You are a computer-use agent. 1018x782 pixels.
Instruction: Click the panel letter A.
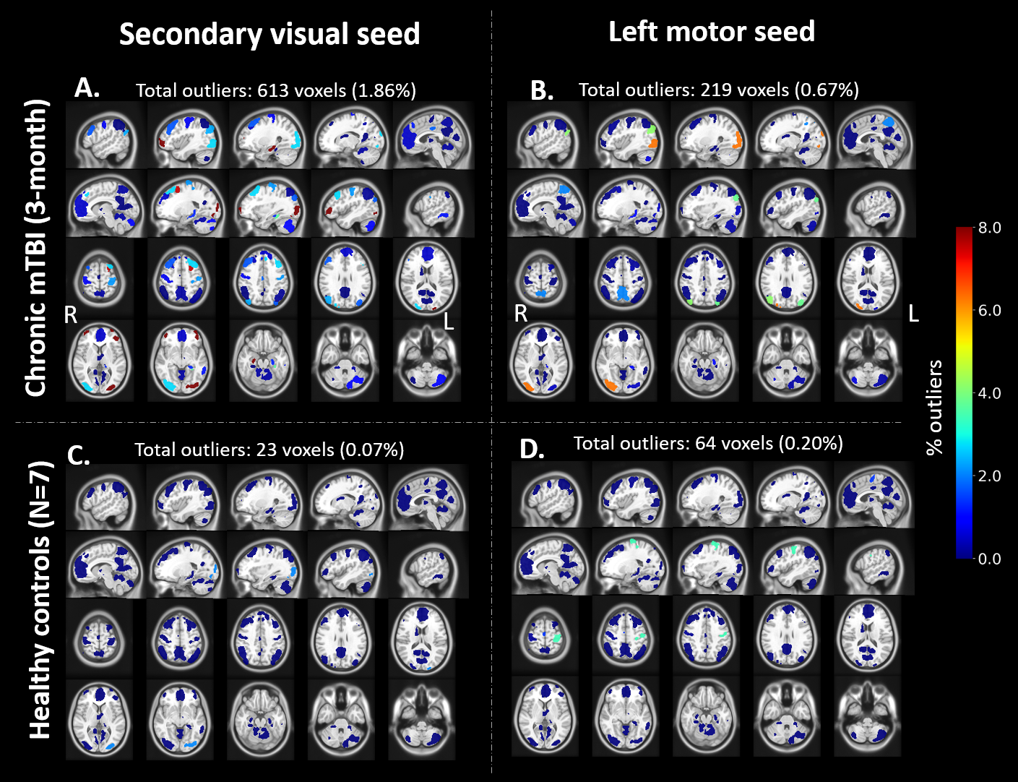coord(87,88)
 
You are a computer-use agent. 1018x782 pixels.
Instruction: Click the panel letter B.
coord(542,90)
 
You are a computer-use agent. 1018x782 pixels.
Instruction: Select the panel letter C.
coord(79,455)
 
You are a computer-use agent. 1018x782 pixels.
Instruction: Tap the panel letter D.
coord(532,450)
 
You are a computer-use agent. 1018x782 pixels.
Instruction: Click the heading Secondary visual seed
coord(269,34)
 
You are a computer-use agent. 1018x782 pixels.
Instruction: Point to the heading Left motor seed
coord(712,32)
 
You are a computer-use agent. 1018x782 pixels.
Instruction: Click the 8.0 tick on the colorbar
coord(989,228)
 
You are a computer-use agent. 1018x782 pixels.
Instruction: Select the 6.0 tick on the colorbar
coord(989,311)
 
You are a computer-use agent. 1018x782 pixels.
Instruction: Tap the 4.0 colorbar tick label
coord(989,393)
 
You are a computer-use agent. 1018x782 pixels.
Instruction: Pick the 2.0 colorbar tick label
coord(989,476)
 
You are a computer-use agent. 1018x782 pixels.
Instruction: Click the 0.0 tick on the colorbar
coord(989,559)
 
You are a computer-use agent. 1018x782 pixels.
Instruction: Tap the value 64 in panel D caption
coord(706,443)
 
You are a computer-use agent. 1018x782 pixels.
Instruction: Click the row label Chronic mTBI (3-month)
coord(37,248)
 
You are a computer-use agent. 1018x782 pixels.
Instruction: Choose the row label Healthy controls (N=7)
coord(40,600)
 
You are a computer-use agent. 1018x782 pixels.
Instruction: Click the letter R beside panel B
coord(521,314)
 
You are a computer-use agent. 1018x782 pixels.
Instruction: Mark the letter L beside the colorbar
coord(913,314)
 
